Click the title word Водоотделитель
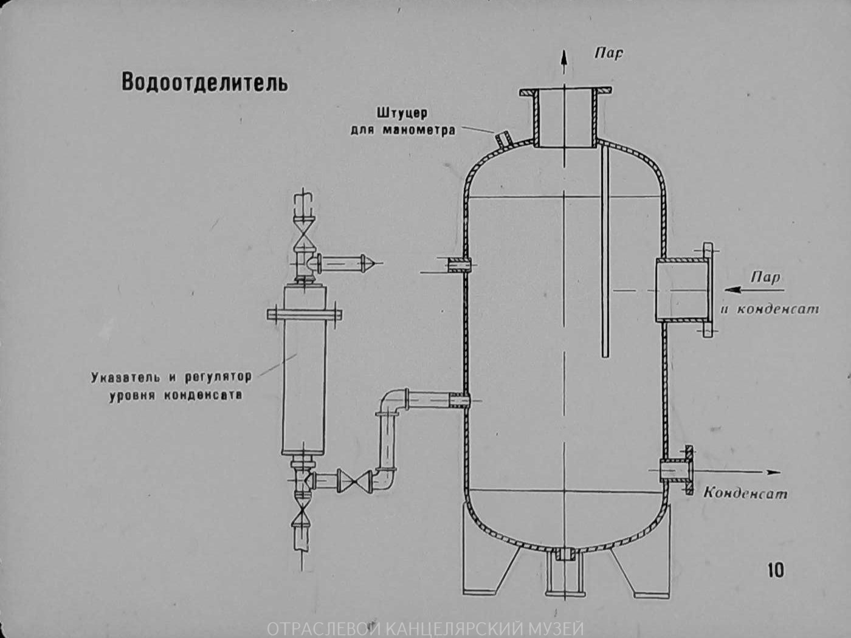point(204,82)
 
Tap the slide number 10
point(776,570)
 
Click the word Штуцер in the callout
point(402,114)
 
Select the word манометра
point(420,130)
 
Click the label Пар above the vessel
point(608,53)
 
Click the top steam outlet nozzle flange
point(565,92)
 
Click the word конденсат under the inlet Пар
point(778,309)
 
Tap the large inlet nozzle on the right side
point(683,290)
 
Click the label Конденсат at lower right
point(745,493)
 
